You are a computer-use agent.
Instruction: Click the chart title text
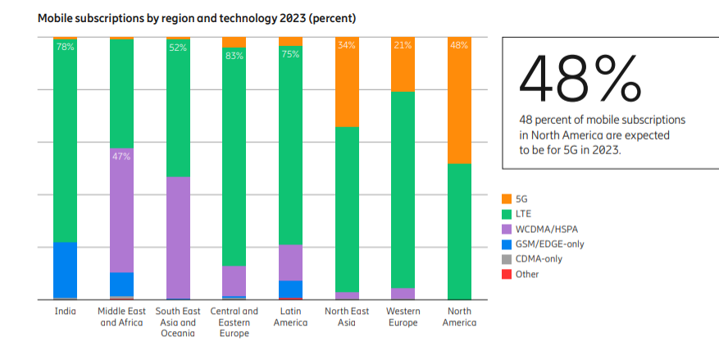197,17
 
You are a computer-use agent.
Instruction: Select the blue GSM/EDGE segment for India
65,270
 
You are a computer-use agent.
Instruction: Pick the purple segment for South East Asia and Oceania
178,237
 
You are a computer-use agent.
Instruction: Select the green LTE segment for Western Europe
403,189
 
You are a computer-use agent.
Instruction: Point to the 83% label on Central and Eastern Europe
234,56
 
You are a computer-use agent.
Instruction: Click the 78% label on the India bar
65,47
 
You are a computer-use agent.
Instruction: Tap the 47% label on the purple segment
121,156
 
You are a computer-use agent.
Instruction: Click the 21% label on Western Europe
403,46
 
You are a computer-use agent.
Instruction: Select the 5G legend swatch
507,198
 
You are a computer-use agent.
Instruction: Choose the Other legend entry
526,274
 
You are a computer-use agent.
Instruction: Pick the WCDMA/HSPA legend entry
543,229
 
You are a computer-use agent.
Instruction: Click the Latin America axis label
290,317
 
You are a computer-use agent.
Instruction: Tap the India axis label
65,312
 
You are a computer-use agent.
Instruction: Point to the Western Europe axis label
403,317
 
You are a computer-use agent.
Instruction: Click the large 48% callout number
579,79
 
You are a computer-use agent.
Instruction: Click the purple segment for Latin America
290,262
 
